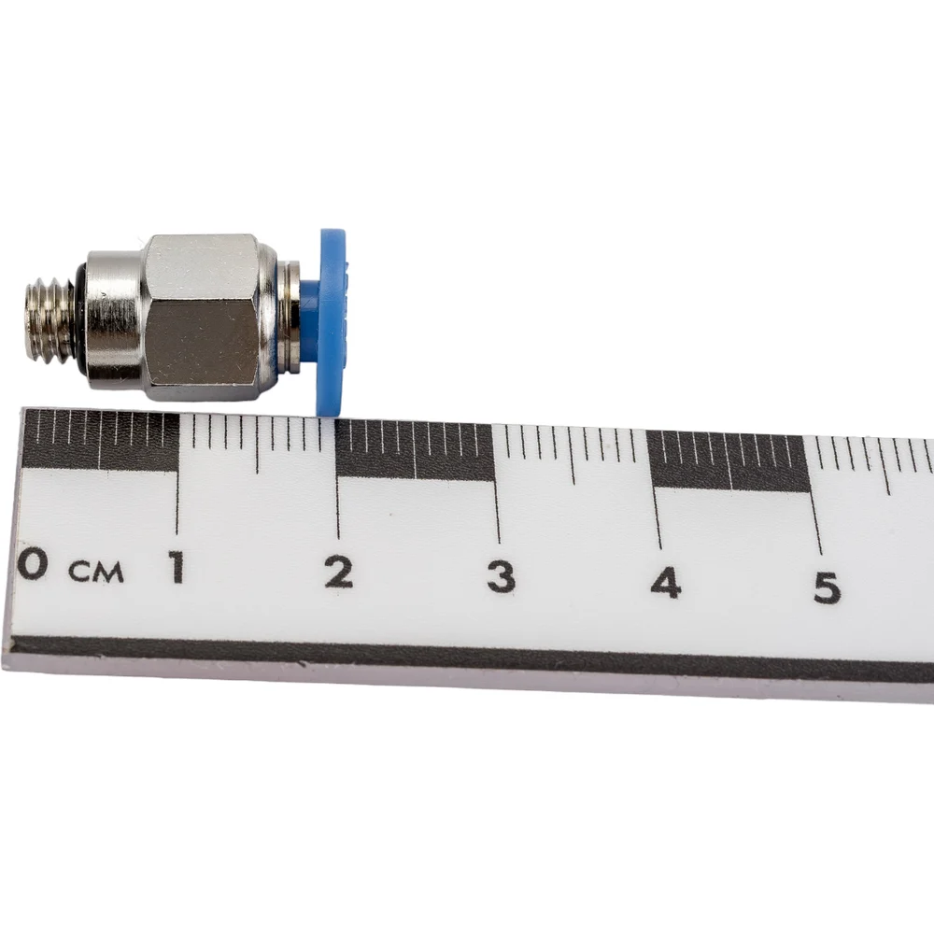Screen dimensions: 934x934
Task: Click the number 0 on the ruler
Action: (32, 563)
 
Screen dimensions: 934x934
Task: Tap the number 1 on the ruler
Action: (177, 567)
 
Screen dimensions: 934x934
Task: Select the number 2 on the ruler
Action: (339, 572)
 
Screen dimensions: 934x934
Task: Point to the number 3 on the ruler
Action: (501, 577)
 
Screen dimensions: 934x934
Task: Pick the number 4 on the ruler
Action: (665, 582)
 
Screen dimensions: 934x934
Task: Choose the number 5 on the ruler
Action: (827, 587)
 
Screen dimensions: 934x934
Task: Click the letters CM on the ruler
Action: (96, 572)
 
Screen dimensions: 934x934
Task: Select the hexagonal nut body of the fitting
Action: (203, 317)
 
